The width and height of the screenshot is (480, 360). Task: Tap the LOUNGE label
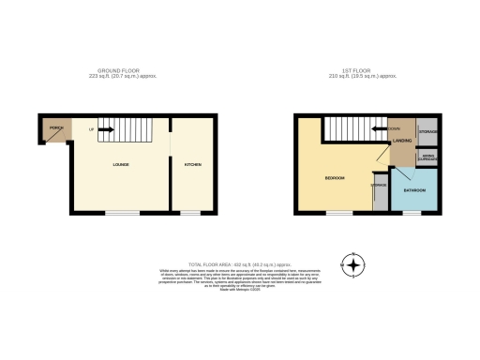[121, 165]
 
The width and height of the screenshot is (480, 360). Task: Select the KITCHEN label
[193, 165]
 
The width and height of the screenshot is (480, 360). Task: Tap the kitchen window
[190, 213]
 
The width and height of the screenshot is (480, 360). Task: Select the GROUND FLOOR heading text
[119, 72]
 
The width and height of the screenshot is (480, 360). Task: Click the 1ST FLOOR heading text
[352, 72]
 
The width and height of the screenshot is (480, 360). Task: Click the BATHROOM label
[413, 189]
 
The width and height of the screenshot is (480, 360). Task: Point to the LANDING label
[403, 141]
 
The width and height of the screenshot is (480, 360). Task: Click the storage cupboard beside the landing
[427, 131]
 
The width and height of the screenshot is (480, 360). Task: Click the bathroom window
[410, 213]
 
